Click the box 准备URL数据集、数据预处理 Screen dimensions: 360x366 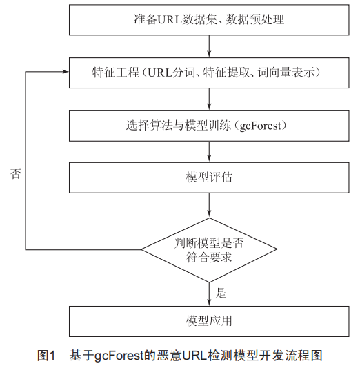point(209,19)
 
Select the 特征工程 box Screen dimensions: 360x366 point(209,73)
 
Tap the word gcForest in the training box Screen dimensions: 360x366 point(261,126)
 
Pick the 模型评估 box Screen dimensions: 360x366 point(209,177)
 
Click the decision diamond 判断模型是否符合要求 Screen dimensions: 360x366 point(209,250)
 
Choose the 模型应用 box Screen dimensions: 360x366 point(209,321)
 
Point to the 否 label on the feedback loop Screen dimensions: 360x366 point(16,174)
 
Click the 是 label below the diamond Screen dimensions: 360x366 point(220,293)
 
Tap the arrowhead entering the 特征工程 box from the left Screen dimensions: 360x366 point(66,72)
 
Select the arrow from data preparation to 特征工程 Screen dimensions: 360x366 point(209,46)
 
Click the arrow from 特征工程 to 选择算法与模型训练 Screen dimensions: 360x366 point(209,99)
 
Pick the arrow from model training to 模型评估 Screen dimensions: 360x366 point(209,152)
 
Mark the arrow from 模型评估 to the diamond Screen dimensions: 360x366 point(209,205)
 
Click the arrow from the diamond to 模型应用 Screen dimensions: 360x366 point(209,294)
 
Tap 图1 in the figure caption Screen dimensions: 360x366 point(46,356)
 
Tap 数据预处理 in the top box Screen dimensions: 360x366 point(255,19)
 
